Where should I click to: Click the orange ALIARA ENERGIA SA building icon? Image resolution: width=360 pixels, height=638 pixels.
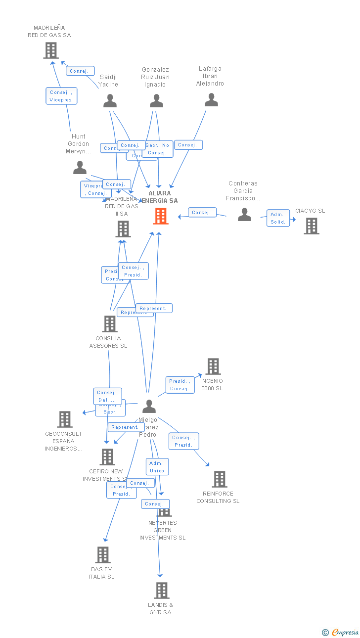(161, 216)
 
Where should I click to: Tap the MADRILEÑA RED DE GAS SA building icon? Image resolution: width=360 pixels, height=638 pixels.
(51, 50)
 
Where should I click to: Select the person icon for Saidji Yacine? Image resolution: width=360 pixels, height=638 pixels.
(110, 101)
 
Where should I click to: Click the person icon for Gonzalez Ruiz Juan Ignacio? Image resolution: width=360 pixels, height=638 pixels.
(156, 101)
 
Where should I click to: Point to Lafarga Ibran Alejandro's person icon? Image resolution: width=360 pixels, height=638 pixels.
(211, 100)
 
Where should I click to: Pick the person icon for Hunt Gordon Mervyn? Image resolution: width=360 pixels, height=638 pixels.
(80, 168)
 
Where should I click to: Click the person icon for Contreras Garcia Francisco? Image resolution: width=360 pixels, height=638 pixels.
(244, 214)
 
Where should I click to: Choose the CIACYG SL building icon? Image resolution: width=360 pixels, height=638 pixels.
(311, 226)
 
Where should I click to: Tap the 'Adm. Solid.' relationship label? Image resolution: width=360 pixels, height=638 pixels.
(277, 218)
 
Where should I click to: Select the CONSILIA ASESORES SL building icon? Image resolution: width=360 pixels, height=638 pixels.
(109, 324)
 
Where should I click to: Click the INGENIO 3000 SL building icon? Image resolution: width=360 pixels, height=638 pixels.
(213, 366)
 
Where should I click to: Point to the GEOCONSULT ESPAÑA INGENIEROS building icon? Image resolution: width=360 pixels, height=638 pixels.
(64, 419)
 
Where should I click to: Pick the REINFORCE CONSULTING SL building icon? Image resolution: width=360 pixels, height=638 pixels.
(219, 479)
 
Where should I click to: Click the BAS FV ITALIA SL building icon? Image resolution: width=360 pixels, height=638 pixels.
(102, 555)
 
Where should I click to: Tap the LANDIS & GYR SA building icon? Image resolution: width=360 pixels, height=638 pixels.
(161, 591)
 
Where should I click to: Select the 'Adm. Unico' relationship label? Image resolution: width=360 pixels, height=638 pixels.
(157, 467)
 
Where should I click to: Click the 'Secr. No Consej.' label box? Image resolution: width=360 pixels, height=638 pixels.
(158, 149)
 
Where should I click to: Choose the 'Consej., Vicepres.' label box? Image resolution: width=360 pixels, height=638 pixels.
(62, 96)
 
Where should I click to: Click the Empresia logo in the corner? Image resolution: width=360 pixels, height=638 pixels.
(341, 632)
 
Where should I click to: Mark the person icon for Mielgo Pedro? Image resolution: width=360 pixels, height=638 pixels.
(149, 407)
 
